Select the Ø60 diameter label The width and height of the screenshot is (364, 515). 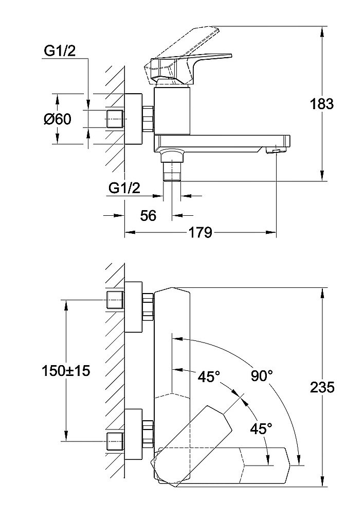pyautogui.click(x=58, y=119)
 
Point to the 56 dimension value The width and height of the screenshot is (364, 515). pyautogui.click(x=148, y=215)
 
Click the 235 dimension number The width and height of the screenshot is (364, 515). pyautogui.click(x=322, y=387)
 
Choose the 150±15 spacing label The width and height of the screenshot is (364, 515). pyautogui.click(x=65, y=370)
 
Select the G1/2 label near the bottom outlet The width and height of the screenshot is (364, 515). pyautogui.click(x=124, y=188)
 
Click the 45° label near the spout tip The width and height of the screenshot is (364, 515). pyautogui.click(x=261, y=428)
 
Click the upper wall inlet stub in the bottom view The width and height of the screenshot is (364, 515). pyautogui.click(x=115, y=299)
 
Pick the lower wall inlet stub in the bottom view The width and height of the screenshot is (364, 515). pyautogui.click(x=115, y=441)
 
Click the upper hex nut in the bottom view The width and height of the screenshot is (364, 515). pyautogui.click(x=148, y=306)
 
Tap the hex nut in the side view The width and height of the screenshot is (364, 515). pyautogui.click(x=148, y=119)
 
